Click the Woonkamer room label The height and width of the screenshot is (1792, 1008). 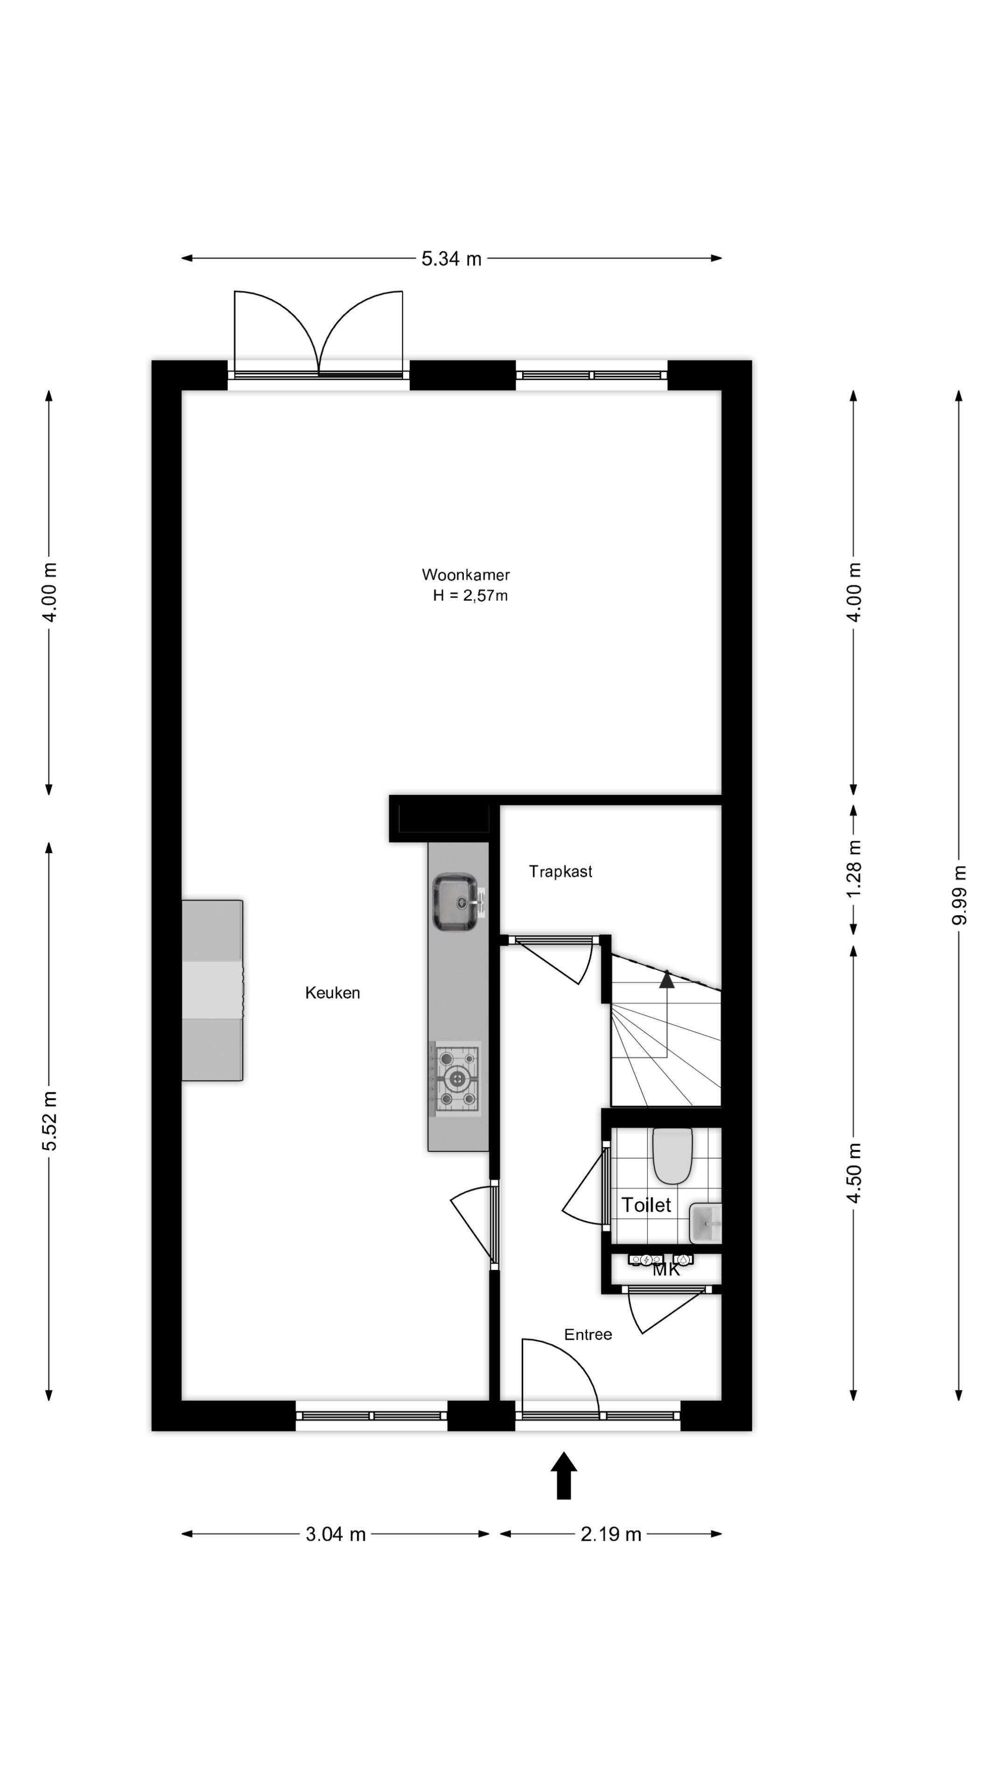[465, 574]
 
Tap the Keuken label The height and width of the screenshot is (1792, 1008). [333, 993]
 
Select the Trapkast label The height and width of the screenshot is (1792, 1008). [560, 872]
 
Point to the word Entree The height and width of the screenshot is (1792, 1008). [588, 1334]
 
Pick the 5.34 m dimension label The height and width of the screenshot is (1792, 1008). [451, 259]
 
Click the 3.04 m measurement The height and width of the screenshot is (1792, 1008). [336, 1534]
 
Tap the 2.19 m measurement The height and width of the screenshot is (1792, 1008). [611, 1534]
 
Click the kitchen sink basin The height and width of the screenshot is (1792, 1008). [455, 902]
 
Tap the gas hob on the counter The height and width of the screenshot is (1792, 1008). [457, 1079]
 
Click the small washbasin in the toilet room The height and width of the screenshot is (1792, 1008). [706, 1224]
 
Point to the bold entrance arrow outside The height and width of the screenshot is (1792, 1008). [563, 1476]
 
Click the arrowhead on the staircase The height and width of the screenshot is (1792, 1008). [666, 980]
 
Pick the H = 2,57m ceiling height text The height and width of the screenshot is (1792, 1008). [470, 595]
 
